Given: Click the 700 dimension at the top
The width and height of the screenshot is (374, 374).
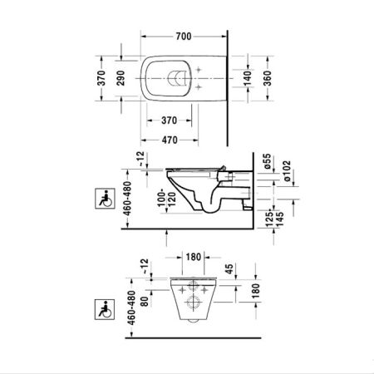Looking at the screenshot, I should [x=184, y=37].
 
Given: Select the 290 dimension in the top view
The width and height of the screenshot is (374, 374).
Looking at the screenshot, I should [x=122, y=79].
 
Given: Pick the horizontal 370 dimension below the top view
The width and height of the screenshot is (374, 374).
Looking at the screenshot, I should [x=172, y=120].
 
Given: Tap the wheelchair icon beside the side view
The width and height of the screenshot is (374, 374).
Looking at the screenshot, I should [x=106, y=199].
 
